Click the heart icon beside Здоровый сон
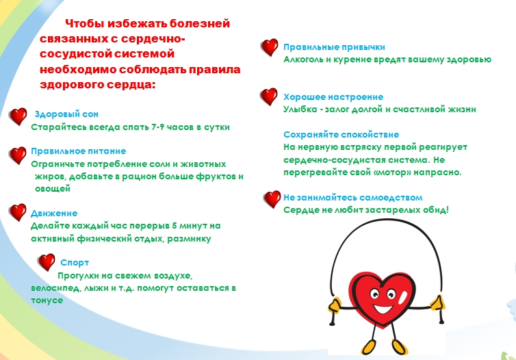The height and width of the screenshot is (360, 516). point(18,116)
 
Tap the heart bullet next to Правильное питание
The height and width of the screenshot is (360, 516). point(18,155)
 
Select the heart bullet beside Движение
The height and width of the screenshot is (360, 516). point(18,212)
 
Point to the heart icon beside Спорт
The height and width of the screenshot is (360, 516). point(47,262)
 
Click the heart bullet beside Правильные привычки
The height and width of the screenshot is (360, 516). point(270,47)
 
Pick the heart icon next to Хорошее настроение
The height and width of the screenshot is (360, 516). point(269,97)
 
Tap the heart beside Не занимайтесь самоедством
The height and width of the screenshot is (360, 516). point(272,199)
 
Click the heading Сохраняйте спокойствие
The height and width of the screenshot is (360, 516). point(341,135)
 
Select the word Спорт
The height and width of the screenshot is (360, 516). point(75,263)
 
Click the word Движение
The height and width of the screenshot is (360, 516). point(54,214)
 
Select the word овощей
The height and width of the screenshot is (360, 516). point(53,189)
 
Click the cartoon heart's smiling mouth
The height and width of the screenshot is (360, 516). point(383,309)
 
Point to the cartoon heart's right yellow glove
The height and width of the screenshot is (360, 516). point(437,303)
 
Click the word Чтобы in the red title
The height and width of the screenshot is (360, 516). point(84,24)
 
